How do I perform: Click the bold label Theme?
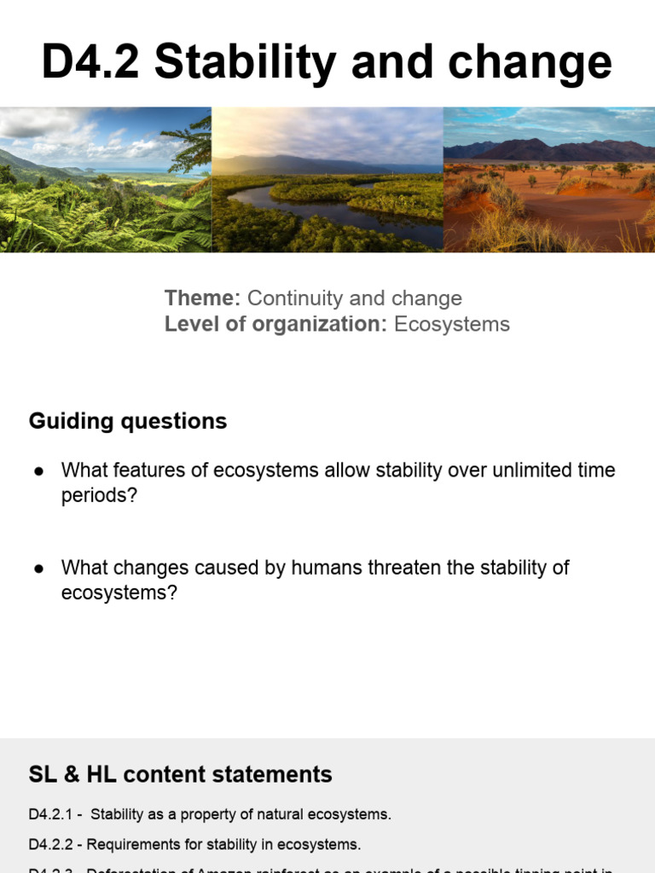(203, 298)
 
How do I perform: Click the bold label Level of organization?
(276, 324)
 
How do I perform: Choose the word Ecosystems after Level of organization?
(452, 324)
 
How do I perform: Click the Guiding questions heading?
(128, 421)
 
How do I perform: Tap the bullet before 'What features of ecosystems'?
(38, 471)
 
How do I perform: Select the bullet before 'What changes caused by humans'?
(38, 568)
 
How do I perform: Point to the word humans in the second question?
(324, 568)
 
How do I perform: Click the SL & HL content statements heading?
(180, 774)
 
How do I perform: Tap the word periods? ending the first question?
(99, 495)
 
